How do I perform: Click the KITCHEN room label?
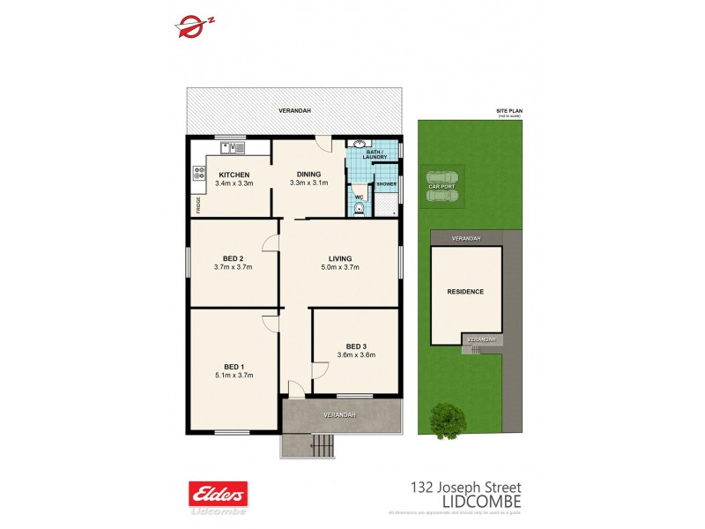point(234,175)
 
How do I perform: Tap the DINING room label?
point(308,174)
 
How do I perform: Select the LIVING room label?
point(340,257)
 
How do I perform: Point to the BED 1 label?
point(233,366)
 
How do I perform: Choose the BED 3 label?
point(356,346)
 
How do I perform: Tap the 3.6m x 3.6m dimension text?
point(356,355)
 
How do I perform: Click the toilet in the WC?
point(360,208)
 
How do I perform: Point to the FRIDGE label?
point(198,205)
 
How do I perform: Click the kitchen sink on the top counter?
point(233,146)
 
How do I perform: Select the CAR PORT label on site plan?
point(443,187)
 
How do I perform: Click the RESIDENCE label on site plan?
point(465,292)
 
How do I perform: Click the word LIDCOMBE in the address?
point(480,501)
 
